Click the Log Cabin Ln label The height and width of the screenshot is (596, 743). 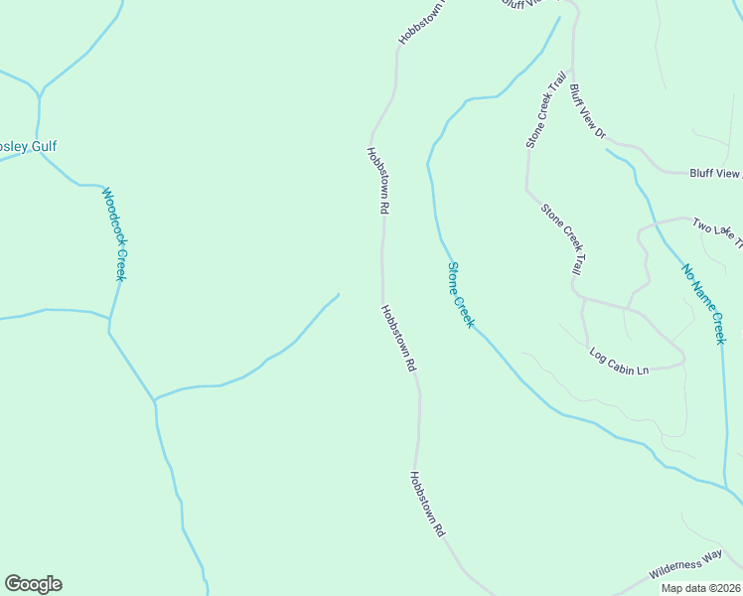[x=618, y=361]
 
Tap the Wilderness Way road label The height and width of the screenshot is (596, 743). [x=685, y=567]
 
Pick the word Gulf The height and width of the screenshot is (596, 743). [x=44, y=147]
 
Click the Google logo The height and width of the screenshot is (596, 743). [x=33, y=584]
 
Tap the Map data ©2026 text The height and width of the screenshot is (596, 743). [x=700, y=588]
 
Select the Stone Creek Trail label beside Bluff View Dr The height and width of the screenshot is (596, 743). [x=546, y=109]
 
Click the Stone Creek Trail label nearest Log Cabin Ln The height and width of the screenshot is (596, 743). [x=562, y=238]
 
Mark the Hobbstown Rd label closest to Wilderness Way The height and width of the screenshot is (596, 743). [x=426, y=504]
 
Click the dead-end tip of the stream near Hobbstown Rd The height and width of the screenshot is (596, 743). [x=339, y=294]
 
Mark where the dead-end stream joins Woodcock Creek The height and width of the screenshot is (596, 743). [x=155, y=400]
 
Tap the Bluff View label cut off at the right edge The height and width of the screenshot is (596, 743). [x=715, y=173]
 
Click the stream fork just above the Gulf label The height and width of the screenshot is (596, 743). [x=40, y=95]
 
